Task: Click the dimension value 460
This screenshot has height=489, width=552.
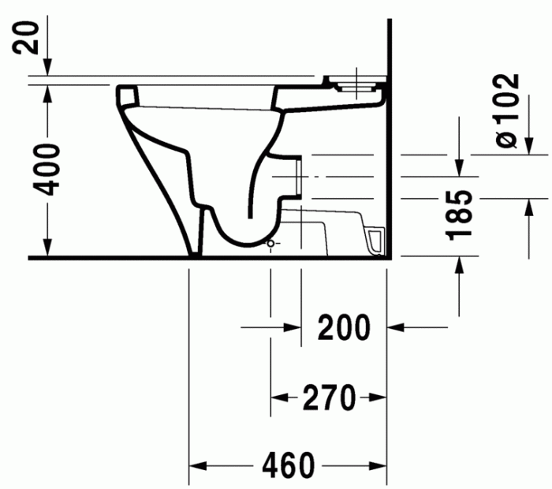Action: click(x=289, y=465)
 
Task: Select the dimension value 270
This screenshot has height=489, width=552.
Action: click(x=330, y=398)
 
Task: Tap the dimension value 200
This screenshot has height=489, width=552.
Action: click(x=344, y=327)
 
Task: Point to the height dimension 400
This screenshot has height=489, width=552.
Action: click(x=49, y=169)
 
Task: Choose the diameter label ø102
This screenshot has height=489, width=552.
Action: click(x=507, y=110)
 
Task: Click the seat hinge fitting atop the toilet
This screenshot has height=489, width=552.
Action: click(x=356, y=82)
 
